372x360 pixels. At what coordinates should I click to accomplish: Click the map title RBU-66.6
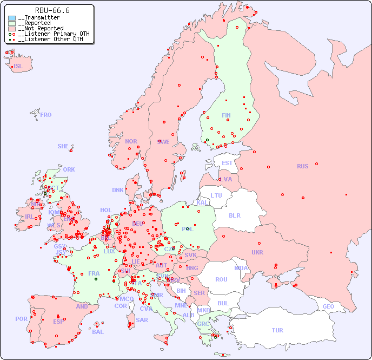click(52, 10)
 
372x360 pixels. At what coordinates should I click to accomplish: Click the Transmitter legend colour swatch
click(12, 18)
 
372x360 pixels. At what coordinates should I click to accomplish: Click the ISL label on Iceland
click(18, 67)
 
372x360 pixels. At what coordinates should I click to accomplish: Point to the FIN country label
click(226, 115)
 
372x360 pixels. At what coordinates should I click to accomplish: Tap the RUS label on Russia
click(302, 166)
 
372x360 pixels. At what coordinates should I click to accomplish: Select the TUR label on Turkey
click(277, 330)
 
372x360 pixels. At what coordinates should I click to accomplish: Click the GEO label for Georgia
click(328, 306)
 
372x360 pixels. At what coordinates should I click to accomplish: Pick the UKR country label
click(257, 252)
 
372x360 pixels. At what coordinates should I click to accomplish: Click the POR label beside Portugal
click(21, 319)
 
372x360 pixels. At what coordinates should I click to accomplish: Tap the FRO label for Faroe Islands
click(46, 115)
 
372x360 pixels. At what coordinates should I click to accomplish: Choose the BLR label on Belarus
click(234, 215)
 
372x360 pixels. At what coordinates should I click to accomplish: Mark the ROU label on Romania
click(221, 279)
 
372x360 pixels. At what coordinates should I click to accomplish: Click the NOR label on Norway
click(131, 141)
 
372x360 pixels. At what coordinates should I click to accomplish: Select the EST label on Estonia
click(227, 163)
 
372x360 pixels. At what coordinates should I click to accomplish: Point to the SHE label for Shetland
click(63, 146)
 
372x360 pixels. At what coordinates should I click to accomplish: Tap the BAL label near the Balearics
click(97, 332)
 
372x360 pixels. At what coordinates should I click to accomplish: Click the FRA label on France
click(94, 273)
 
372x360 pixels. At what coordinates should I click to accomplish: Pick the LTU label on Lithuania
click(216, 195)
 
